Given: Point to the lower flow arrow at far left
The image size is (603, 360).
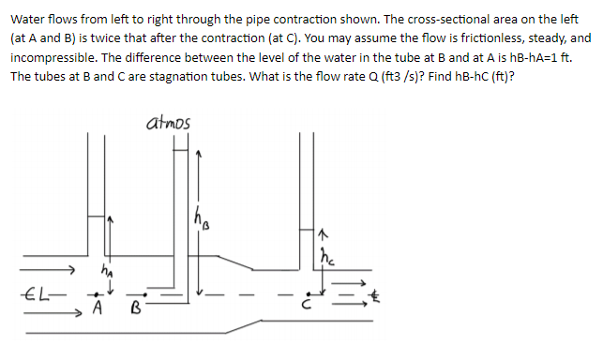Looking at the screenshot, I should pyautogui.click(x=49, y=314).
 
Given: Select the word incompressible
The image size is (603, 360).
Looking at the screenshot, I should pyautogui.click(x=56, y=57).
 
